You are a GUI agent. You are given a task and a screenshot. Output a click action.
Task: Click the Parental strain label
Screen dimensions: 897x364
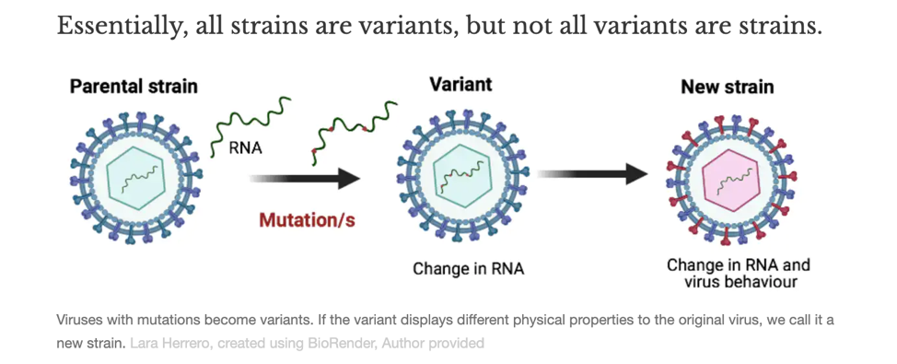pos(134,86)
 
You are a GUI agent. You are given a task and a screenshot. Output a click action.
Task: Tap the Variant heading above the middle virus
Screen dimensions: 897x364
pos(460,84)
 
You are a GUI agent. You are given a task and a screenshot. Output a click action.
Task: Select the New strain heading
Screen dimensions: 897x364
pos(727,87)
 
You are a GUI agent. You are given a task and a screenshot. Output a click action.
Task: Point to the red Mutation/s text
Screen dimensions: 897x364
pos(307,220)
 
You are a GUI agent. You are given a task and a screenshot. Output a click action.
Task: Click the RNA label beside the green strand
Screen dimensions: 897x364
pos(245,148)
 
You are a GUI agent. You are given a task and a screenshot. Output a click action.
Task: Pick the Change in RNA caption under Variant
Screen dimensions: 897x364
pos(468,268)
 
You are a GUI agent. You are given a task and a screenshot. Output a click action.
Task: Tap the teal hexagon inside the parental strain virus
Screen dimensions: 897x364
pos(135,179)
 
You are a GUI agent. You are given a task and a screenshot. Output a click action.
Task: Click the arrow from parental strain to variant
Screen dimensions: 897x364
pos(304,178)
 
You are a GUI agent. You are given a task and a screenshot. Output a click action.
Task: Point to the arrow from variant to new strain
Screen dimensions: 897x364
pos(592,173)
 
